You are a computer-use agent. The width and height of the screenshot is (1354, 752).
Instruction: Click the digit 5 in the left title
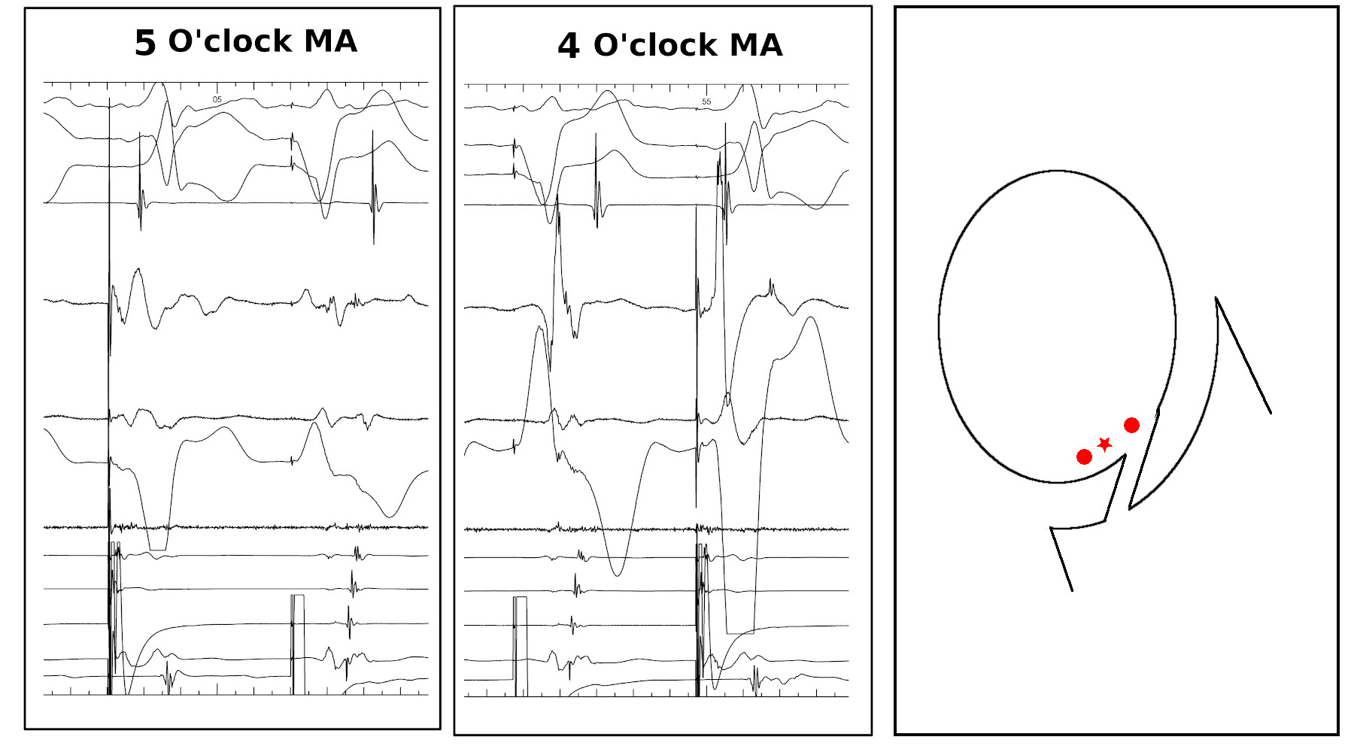coord(144,43)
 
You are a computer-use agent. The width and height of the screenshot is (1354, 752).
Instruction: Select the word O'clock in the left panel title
coord(229,41)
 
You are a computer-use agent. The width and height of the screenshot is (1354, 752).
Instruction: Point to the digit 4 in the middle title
coord(568,47)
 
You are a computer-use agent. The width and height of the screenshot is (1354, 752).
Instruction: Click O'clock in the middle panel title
coord(655,46)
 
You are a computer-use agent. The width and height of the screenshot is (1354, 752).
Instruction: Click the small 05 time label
coord(217,99)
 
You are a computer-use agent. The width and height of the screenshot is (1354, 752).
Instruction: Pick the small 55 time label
coord(706,102)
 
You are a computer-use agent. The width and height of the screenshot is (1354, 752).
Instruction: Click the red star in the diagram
coord(1104,444)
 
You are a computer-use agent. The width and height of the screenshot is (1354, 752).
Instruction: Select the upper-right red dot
coord(1131,426)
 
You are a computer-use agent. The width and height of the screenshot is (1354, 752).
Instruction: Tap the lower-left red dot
coord(1084,456)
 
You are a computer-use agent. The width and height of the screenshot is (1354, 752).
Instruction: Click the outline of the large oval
coord(940,327)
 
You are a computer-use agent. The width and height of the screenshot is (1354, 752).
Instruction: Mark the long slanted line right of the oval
coord(1243,355)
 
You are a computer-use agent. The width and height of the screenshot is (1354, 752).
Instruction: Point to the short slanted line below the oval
coord(1061,559)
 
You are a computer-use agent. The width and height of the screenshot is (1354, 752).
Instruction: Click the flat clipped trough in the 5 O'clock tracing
coord(158,550)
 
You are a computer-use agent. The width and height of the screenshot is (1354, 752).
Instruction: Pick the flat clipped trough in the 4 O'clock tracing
coord(740,632)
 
